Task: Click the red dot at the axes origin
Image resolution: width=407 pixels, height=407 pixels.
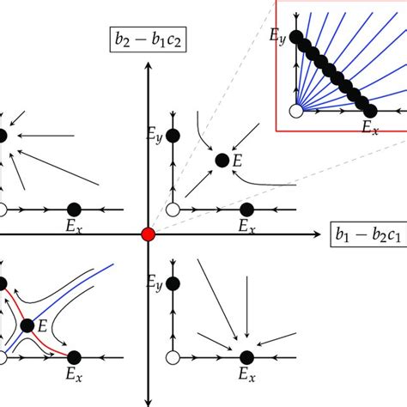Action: click(x=149, y=234)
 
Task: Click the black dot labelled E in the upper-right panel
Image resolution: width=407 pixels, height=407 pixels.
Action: click(x=222, y=160)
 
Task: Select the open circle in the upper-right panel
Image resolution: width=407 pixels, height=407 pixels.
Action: click(x=173, y=210)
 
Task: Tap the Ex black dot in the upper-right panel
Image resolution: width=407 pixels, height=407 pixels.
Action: click(x=247, y=210)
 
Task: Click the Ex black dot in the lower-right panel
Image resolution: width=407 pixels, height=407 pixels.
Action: click(x=247, y=357)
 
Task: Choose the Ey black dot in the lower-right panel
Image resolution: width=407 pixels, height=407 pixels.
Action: click(x=173, y=282)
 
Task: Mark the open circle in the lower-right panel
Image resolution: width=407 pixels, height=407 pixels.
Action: click(x=173, y=357)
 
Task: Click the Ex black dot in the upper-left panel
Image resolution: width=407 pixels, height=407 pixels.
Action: click(x=74, y=210)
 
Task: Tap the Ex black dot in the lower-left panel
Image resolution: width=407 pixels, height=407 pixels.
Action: click(x=74, y=357)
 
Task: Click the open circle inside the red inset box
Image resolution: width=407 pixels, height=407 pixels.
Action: click(x=295, y=111)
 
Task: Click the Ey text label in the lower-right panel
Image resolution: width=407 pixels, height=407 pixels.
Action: click(x=156, y=282)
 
